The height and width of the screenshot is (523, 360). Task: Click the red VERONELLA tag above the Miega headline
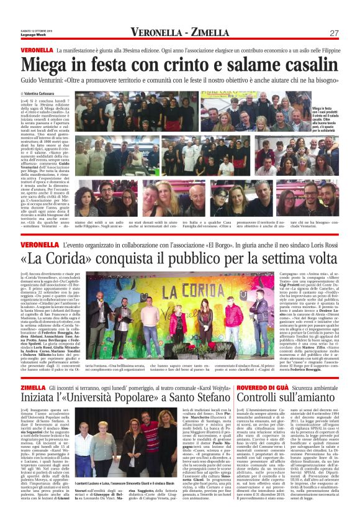pos(36,49)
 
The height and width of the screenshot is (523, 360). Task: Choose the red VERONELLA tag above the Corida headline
pos(36,229)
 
